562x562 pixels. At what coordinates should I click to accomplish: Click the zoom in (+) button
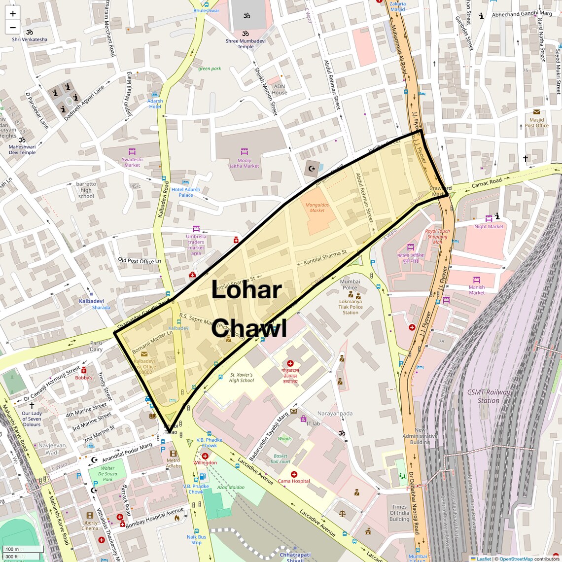click(13, 14)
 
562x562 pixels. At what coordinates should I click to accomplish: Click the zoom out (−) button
click(13, 28)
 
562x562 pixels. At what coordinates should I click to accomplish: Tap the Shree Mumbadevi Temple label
click(246, 44)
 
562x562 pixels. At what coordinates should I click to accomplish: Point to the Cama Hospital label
click(294, 481)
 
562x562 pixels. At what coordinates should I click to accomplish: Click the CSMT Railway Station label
click(488, 396)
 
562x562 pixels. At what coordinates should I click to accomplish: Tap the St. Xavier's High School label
click(242, 378)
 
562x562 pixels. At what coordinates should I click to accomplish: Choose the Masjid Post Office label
click(536, 122)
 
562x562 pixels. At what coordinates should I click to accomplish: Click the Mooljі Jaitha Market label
click(244, 163)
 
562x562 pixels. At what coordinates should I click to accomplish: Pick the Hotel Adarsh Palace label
click(186, 192)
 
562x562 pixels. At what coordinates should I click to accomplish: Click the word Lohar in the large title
click(246, 290)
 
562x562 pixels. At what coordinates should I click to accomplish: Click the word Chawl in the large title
click(249, 329)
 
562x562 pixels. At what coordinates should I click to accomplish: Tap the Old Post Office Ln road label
click(140, 261)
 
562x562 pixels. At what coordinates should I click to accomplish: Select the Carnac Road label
click(487, 182)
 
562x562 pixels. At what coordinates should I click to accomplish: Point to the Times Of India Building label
click(399, 513)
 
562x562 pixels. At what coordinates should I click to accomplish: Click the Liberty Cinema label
click(90, 526)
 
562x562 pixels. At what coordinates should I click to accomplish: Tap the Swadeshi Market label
click(132, 162)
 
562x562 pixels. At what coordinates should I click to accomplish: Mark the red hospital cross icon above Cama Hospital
click(294, 474)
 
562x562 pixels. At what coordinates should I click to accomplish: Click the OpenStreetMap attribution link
click(516, 559)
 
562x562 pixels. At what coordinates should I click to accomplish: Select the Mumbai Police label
click(350, 284)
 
